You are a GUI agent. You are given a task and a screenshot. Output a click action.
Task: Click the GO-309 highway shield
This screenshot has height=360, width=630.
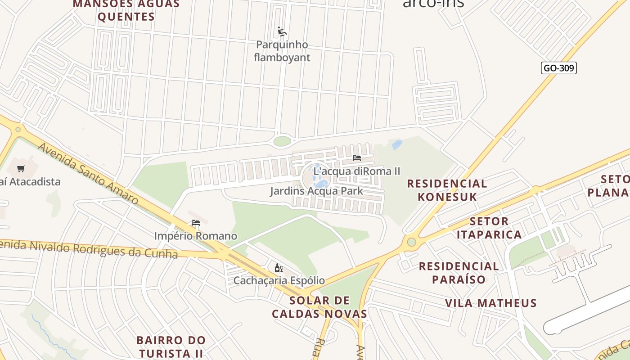(x=558, y=68)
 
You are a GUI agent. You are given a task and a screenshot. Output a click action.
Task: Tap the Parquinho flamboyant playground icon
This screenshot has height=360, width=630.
(x=282, y=31)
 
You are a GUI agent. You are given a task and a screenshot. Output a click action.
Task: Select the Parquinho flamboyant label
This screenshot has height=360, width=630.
(x=282, y=51)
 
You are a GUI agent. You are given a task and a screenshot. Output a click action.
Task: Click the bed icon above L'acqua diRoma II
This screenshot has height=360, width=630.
(x=357, y=158)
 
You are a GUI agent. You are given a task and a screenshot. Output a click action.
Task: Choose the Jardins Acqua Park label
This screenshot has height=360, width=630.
(x=316, y=191)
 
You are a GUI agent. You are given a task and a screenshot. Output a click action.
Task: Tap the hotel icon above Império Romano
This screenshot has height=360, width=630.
(x=195, y=223)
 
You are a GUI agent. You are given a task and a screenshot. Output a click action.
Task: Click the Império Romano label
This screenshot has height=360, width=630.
(x=195, y=236)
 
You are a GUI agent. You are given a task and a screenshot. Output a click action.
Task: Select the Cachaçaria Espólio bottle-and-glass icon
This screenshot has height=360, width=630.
(x=279, y=268)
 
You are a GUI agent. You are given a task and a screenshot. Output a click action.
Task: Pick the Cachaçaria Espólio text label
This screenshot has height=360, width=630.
(x=279, y=280)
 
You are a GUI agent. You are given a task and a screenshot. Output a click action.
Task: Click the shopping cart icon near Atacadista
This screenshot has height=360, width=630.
(x=21, y=169)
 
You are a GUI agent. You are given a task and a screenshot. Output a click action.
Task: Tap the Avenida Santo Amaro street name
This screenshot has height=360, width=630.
(x=88, y=174)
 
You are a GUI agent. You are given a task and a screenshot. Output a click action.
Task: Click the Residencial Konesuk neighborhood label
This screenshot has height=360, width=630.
(x=447, y=190)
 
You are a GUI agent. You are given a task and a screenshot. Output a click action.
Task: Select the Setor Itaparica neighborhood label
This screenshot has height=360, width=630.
(x=489, y=228)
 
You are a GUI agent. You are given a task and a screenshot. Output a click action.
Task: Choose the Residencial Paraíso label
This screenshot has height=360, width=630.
(x=459, y=273)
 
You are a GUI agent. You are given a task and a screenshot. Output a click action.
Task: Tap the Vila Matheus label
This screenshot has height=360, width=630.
(x=491, y=303)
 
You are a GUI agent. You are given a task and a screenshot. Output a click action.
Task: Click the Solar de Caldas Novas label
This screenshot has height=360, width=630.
(x=319, y=307)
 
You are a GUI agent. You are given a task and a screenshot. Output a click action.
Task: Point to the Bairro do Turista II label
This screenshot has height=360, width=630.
(x=171, y=346)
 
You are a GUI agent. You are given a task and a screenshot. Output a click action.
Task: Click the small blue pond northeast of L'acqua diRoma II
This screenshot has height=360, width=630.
(x=397, y=144)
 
